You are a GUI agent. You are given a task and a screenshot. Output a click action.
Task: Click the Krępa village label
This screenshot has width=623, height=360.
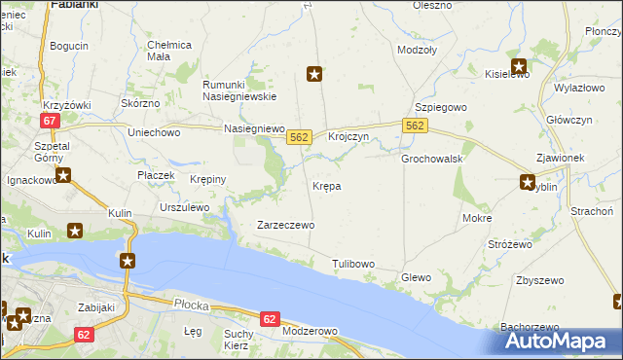click(x=326, y=186)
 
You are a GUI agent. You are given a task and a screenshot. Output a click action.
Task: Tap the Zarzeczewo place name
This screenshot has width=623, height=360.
click(x=285, y=225)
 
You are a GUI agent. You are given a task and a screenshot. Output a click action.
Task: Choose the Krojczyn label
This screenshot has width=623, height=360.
click(x=348, y=138)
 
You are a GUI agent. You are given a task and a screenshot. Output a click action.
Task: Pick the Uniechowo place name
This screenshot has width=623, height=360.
click(x=155, y=131)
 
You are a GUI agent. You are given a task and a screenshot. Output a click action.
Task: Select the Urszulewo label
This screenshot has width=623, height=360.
click(x=185, y=207)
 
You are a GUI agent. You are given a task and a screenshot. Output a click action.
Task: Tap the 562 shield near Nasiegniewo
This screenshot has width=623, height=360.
click(x=299, y=139)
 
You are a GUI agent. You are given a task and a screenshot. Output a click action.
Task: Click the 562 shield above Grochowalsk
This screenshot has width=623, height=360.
click(x=415, y=126)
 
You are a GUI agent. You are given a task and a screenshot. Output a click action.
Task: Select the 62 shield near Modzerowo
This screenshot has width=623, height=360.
click(x=271, y=318)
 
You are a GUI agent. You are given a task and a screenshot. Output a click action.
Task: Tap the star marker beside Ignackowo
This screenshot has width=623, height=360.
click(x=63, y=176)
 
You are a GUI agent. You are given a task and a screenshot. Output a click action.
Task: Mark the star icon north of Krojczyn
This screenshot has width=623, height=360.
click(x=314, y=73)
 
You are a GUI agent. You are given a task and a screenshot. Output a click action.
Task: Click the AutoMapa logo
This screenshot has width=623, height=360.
click(x=561, y=341)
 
